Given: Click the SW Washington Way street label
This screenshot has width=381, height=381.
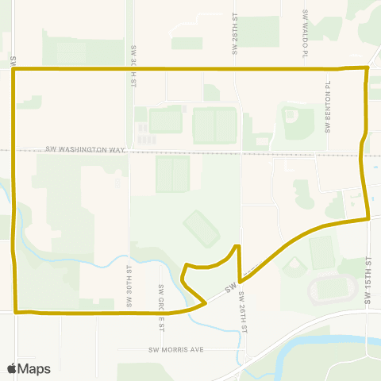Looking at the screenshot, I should click(86, 148).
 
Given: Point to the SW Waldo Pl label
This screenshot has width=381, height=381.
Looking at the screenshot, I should click(305, 35).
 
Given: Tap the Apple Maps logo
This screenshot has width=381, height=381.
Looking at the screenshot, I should click(29, 368).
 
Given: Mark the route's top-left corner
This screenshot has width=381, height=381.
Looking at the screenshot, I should click(14, 70).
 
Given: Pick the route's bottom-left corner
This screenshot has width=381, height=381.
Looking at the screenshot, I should click(15, 312).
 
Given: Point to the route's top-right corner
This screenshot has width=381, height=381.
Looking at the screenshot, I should click(367, 68).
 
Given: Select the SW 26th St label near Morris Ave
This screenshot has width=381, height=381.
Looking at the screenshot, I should click(244, 312).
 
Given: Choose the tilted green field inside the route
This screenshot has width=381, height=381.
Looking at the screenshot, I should click(202, 228).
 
